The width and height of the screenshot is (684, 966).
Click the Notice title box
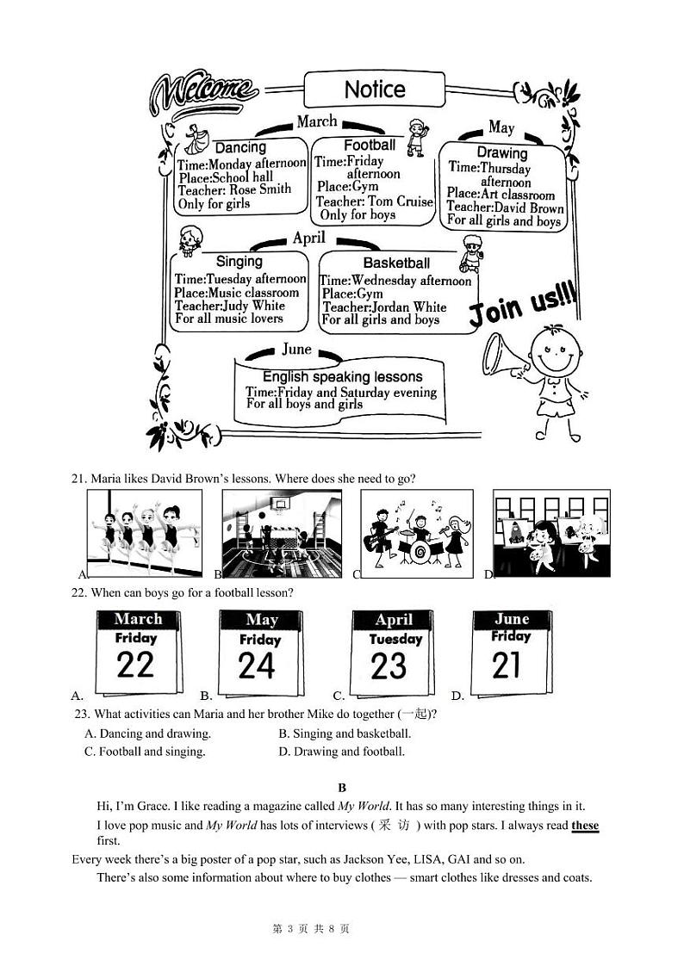tap(374, 90)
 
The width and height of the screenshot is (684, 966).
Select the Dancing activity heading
tap(240, 148)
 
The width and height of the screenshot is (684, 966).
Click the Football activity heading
tap(370, 146)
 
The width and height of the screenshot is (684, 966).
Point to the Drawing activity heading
tap(502, 153)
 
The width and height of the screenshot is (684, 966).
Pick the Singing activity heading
tap(239, 261)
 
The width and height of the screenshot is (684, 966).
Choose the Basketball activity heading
tap(396, 263)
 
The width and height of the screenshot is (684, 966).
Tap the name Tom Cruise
tap(401, 201)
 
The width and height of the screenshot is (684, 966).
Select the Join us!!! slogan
tap(522, 306)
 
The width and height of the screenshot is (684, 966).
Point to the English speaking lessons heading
tap(342, 377)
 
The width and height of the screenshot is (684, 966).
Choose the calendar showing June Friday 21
tap(511, 652)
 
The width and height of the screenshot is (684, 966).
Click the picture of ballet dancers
tap(145, 534)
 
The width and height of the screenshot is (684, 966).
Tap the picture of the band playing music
tap(417, 534)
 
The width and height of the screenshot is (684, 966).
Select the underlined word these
tap(585, 826)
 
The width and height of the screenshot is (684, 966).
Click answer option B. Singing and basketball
tap(345, 734)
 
